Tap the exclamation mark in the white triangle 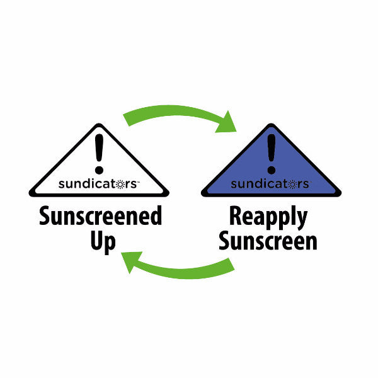point(98,154)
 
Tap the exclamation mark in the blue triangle point(272,154)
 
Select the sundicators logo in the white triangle point(98,184)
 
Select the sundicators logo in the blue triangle point(270,184)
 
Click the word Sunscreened point(101,216)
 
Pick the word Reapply point(268,216)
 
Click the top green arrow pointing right point(176,114)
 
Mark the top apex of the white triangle point(98,125)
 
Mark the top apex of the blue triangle point(272,125)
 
